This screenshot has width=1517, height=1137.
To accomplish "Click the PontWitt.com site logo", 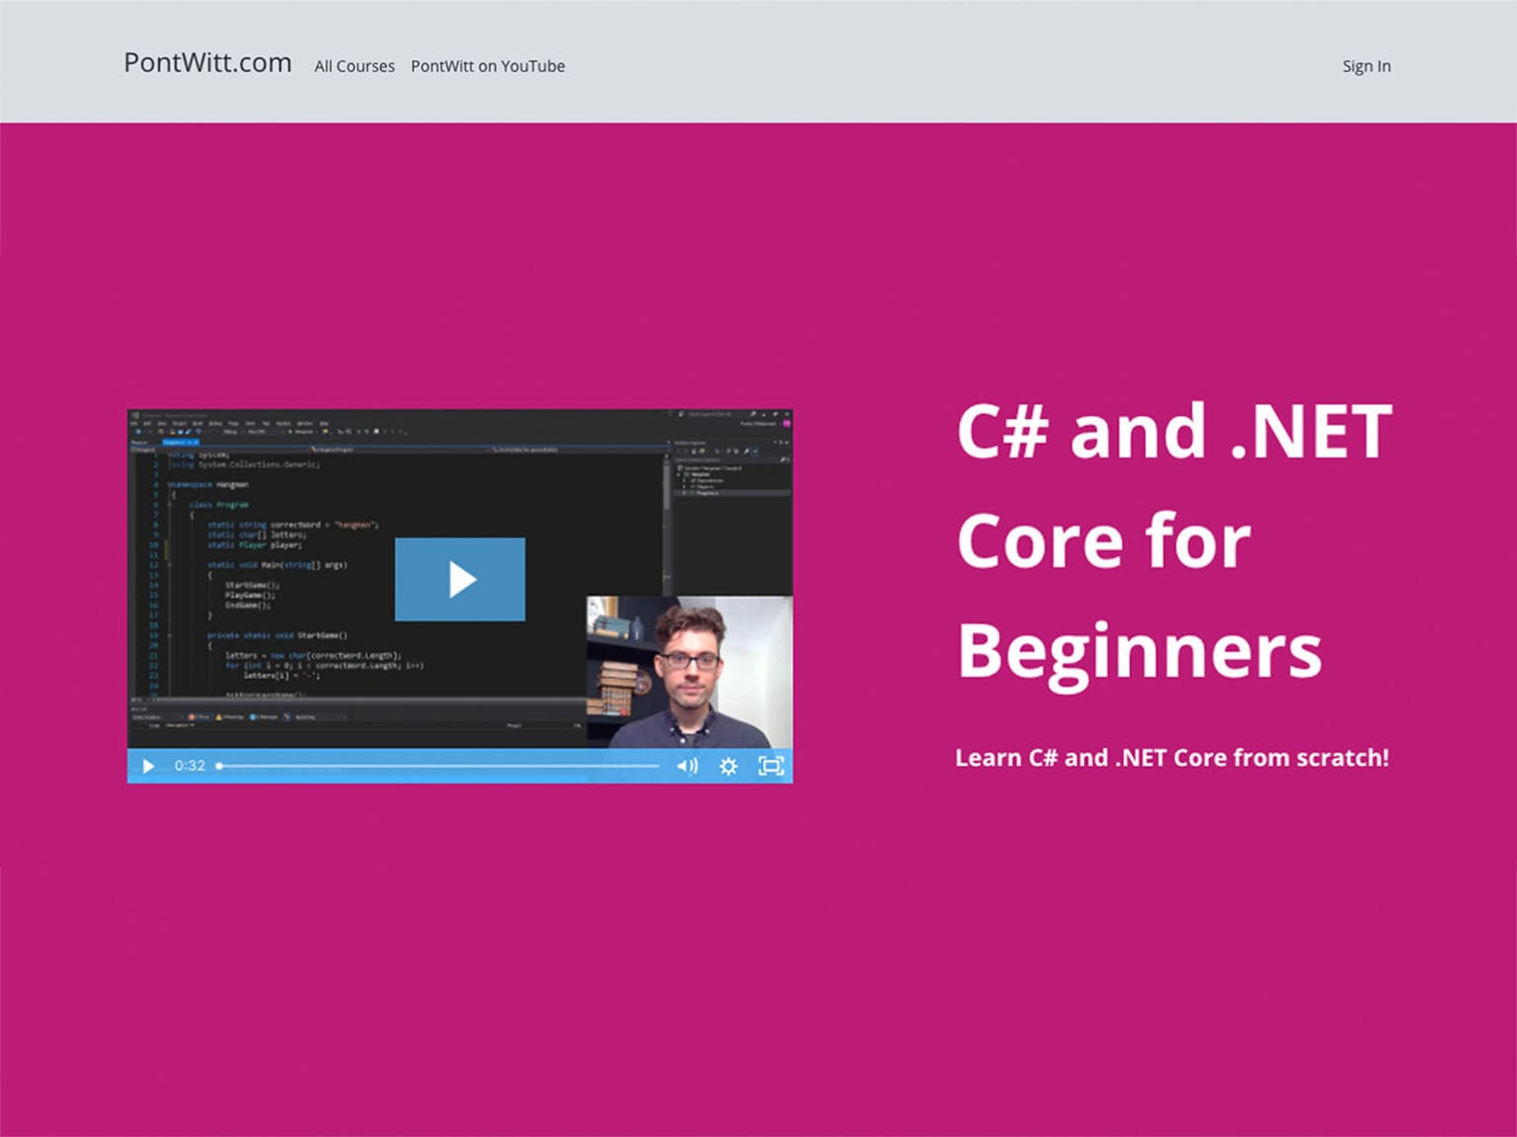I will [x=207, y=63].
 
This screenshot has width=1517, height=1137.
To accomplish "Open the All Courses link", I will [x=355, y=66].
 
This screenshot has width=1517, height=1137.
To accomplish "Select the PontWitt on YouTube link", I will [x=488, y=66].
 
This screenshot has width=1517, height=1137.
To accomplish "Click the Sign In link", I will [x=1366, y=66].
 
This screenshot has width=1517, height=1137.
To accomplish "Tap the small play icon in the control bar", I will [x=148, y=766].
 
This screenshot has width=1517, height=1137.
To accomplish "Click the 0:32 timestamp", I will [x=190, y=766].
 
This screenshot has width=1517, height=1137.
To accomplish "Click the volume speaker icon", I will [x=686, y=766].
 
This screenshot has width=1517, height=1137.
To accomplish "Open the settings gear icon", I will [x=729, y=766].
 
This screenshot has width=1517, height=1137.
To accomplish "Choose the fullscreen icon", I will [x=770, y=766].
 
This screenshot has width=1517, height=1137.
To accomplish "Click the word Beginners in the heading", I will [x=1139, y=652].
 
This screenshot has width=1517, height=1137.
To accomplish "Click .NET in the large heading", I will [x=1312, y=433].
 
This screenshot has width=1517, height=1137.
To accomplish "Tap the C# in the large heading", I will [x=1001, y=433].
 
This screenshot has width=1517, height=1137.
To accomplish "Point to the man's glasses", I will [x=690, y=660].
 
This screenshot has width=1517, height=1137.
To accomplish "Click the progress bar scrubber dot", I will [x=219, y=766].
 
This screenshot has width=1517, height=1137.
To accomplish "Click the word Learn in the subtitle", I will [x=988, y=758].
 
